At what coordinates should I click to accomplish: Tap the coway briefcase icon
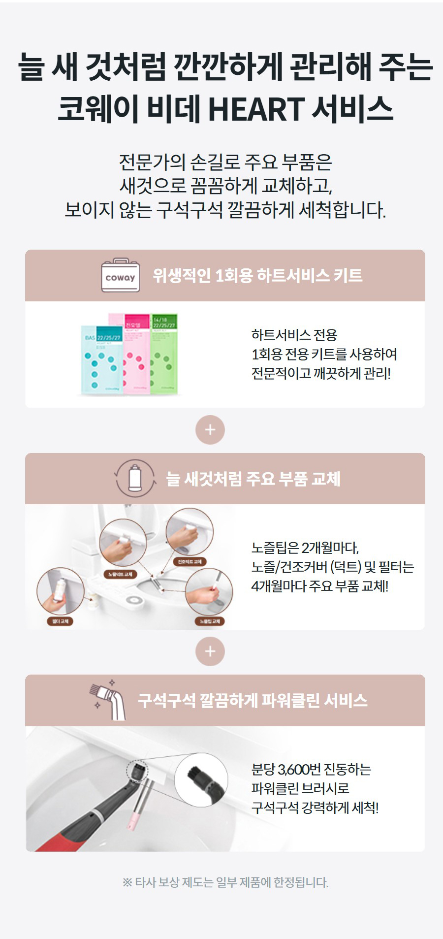coord(120,276)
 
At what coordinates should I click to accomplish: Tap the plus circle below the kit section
coord(210,430)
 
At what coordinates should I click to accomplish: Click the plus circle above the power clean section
coord(210,651)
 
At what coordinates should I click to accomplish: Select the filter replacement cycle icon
coord(135,478)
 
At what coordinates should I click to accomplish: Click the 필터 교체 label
coord(60,621)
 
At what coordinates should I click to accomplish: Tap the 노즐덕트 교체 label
coord(121,574)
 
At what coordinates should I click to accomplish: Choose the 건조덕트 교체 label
coord(189,562)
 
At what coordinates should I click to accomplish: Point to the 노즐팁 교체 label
coord(210,621)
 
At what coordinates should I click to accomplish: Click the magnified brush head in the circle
coord(202,779)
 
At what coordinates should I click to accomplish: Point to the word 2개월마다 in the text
coord(330,548)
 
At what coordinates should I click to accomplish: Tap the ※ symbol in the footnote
coord(127,882)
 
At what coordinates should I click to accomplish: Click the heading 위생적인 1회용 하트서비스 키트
coord(257,275)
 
